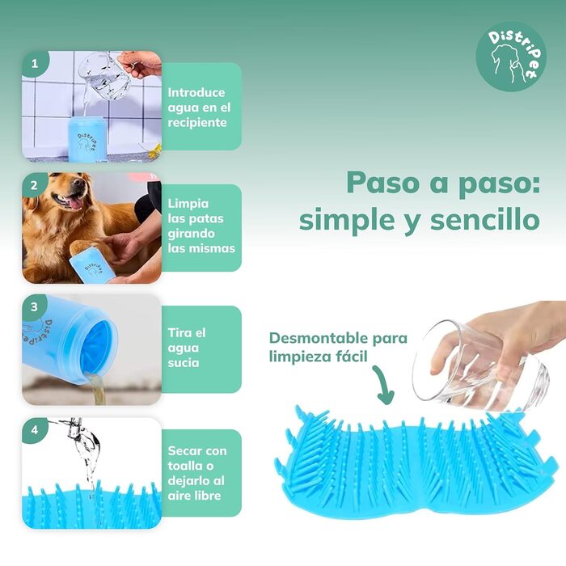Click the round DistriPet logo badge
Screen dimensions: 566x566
(511, 57)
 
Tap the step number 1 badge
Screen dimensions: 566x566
(35, 64)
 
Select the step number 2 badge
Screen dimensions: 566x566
(34, 185)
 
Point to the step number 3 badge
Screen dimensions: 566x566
(34, 307)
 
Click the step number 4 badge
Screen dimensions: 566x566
(34, 430)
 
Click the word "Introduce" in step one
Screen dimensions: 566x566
(196, 92)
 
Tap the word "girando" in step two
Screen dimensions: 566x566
(192, 234)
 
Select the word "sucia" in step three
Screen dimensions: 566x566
(184, 362)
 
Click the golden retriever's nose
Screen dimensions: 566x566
(78, 182)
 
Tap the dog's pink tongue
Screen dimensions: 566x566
(75, 204)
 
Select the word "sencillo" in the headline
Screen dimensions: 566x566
(485, 219)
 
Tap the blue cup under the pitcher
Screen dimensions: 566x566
(87, 138)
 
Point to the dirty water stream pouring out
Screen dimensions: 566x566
(97, 389)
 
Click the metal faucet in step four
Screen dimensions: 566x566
(75, 427)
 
